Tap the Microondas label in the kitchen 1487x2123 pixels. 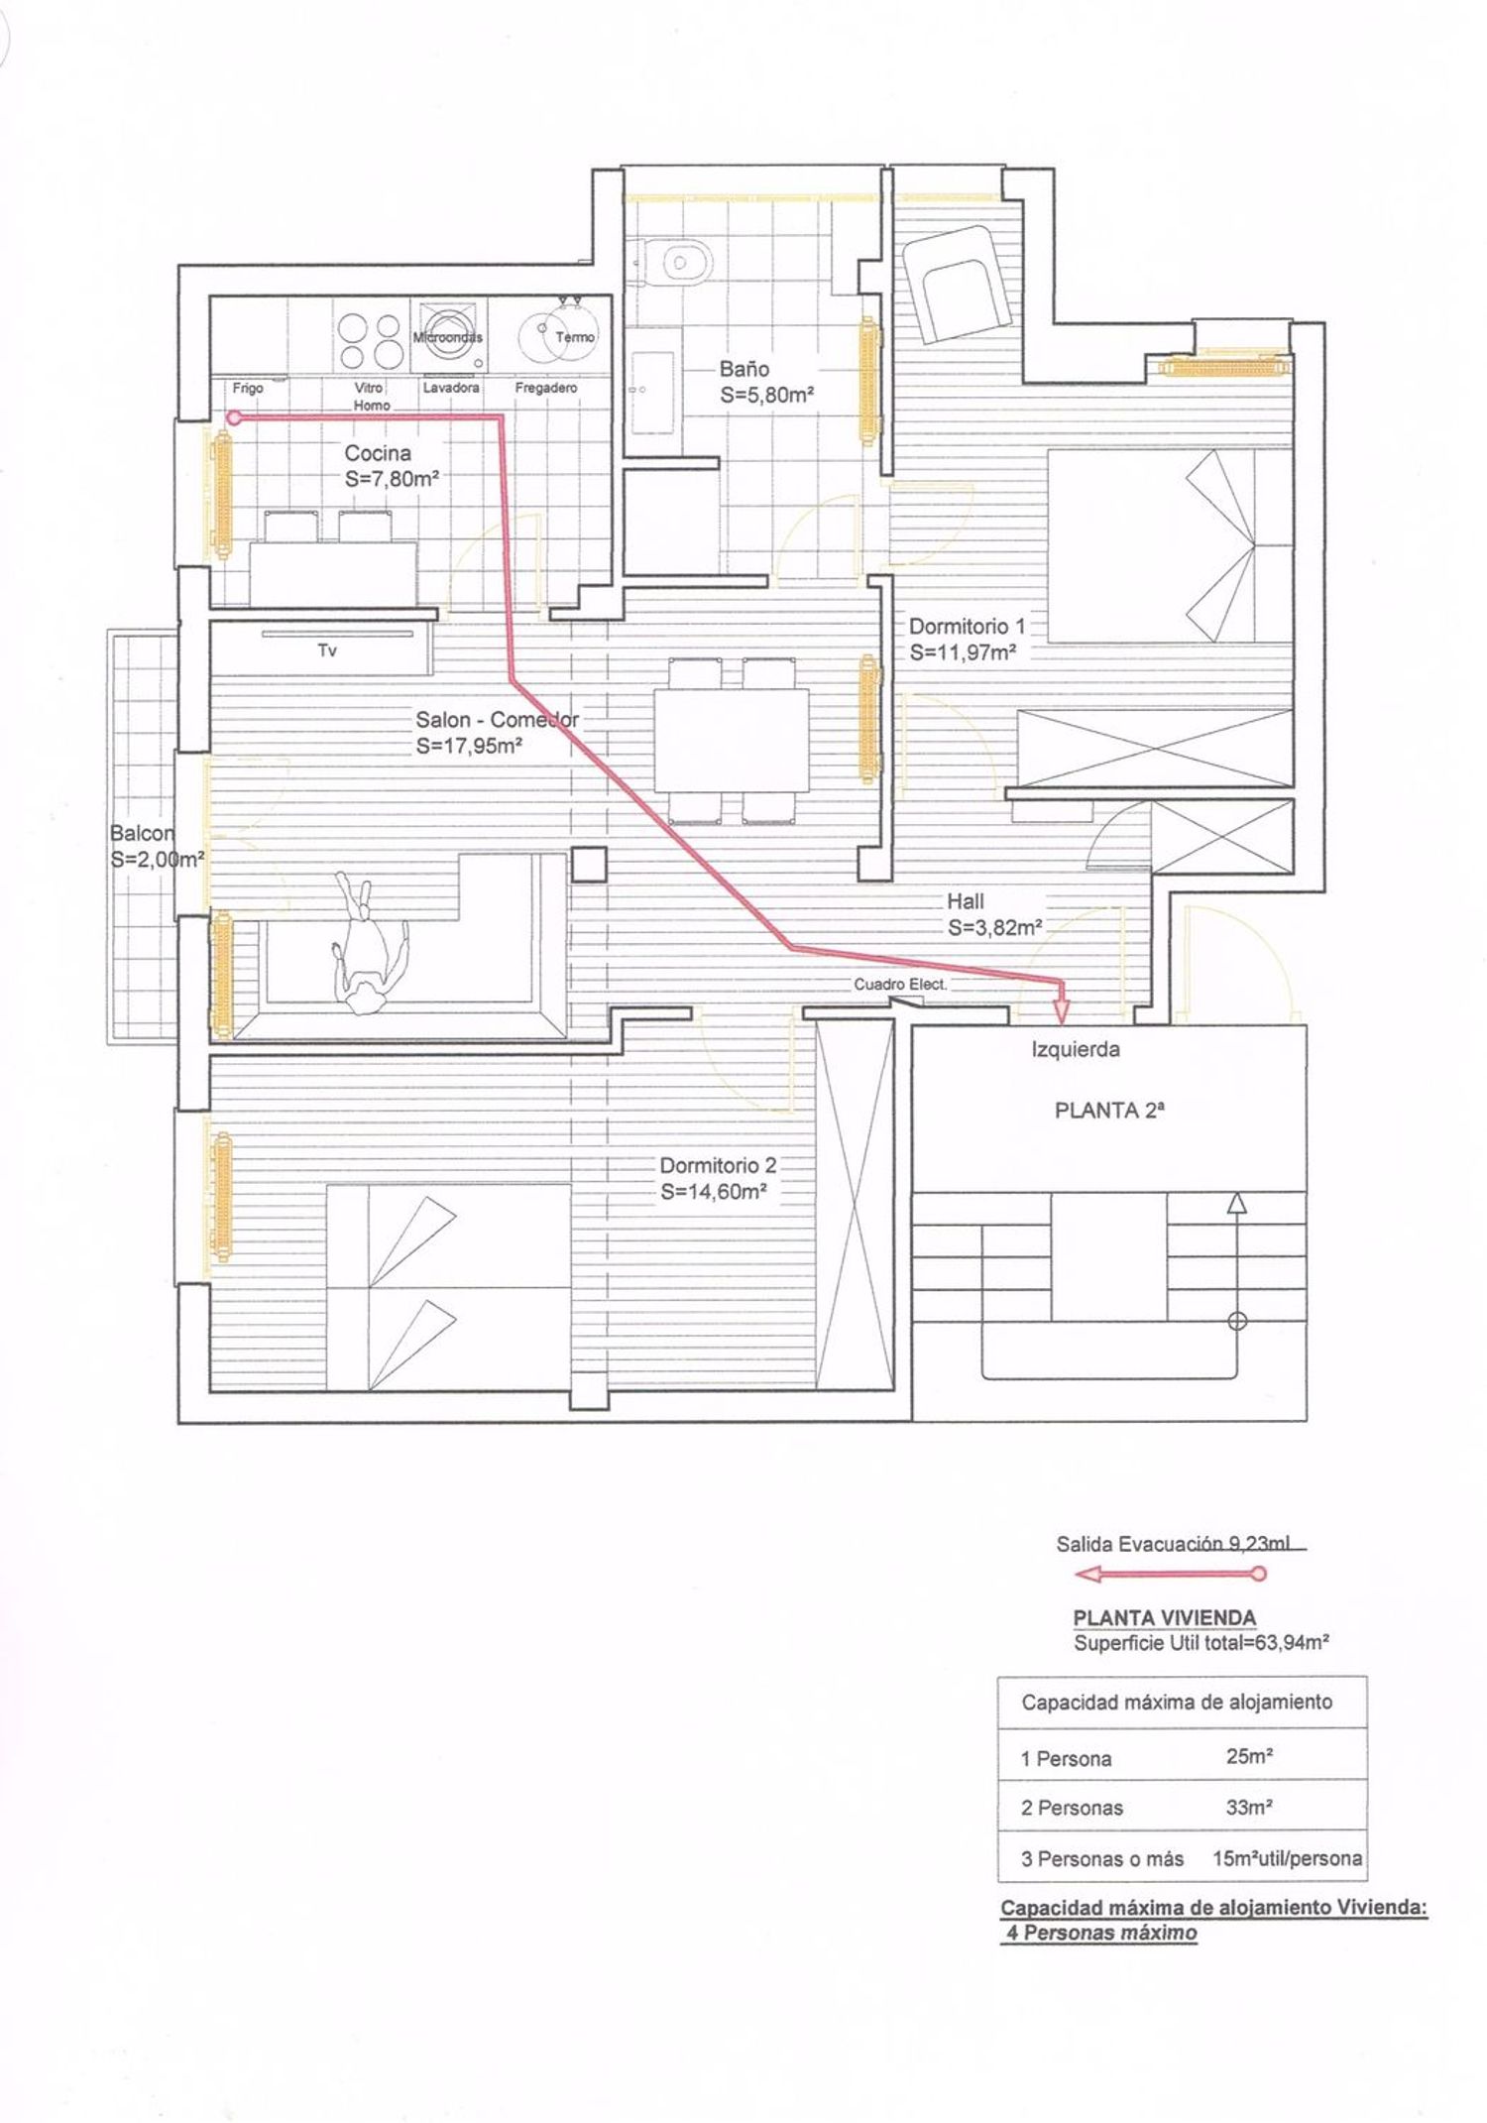point(448,337)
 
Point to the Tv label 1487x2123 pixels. point(327,651)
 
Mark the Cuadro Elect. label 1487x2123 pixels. point(901,985)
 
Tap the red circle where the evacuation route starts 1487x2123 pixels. point(234,418)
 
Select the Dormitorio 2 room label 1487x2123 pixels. point(718,1165)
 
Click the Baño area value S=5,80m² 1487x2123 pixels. point(767,395)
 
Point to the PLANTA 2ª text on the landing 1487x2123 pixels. point(1109,1111)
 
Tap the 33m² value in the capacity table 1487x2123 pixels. point(1249,1807)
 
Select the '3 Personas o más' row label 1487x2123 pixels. point(1102,1859)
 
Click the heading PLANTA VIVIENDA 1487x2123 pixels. point(1165,1617)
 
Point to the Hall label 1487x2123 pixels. point(966,901)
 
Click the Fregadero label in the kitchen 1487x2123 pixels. point(546,388)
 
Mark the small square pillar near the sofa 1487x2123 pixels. point(590,865)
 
